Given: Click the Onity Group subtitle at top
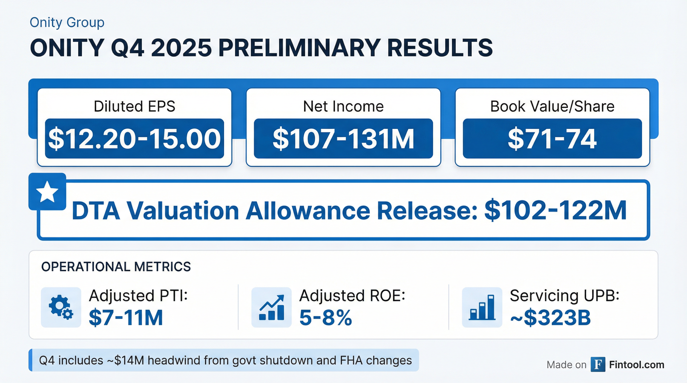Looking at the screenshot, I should pyautogui.click(x=67, y=22).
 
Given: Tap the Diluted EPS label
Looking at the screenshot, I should pyautogui.click(x=134, y=106).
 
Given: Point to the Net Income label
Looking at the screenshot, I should pyautogui.click(x=343, y=106).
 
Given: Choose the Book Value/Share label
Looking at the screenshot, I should pyautogui.click(x=552, y=106).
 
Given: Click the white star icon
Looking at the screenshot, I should pyautogui.click(x=47, y=191).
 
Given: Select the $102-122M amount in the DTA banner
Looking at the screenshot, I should pyautogui.click(x=555, y=211).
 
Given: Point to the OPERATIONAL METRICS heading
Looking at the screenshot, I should pyautogui.click(x=116, y=267).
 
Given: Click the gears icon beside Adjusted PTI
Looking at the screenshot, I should pyautogui.click(x=61, y=307).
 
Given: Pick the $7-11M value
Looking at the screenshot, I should pyautogui.click(x=126, y=318).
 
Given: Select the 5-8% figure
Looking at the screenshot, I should pyautogui.click(x=326, y=318).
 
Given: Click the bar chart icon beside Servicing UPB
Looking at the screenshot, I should pyautogui.click(x=482, y=307).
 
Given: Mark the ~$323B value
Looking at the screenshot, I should pyautogui.click(x=550, y=318).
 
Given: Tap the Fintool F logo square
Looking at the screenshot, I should pyautogui.click(x=598, y=364).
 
